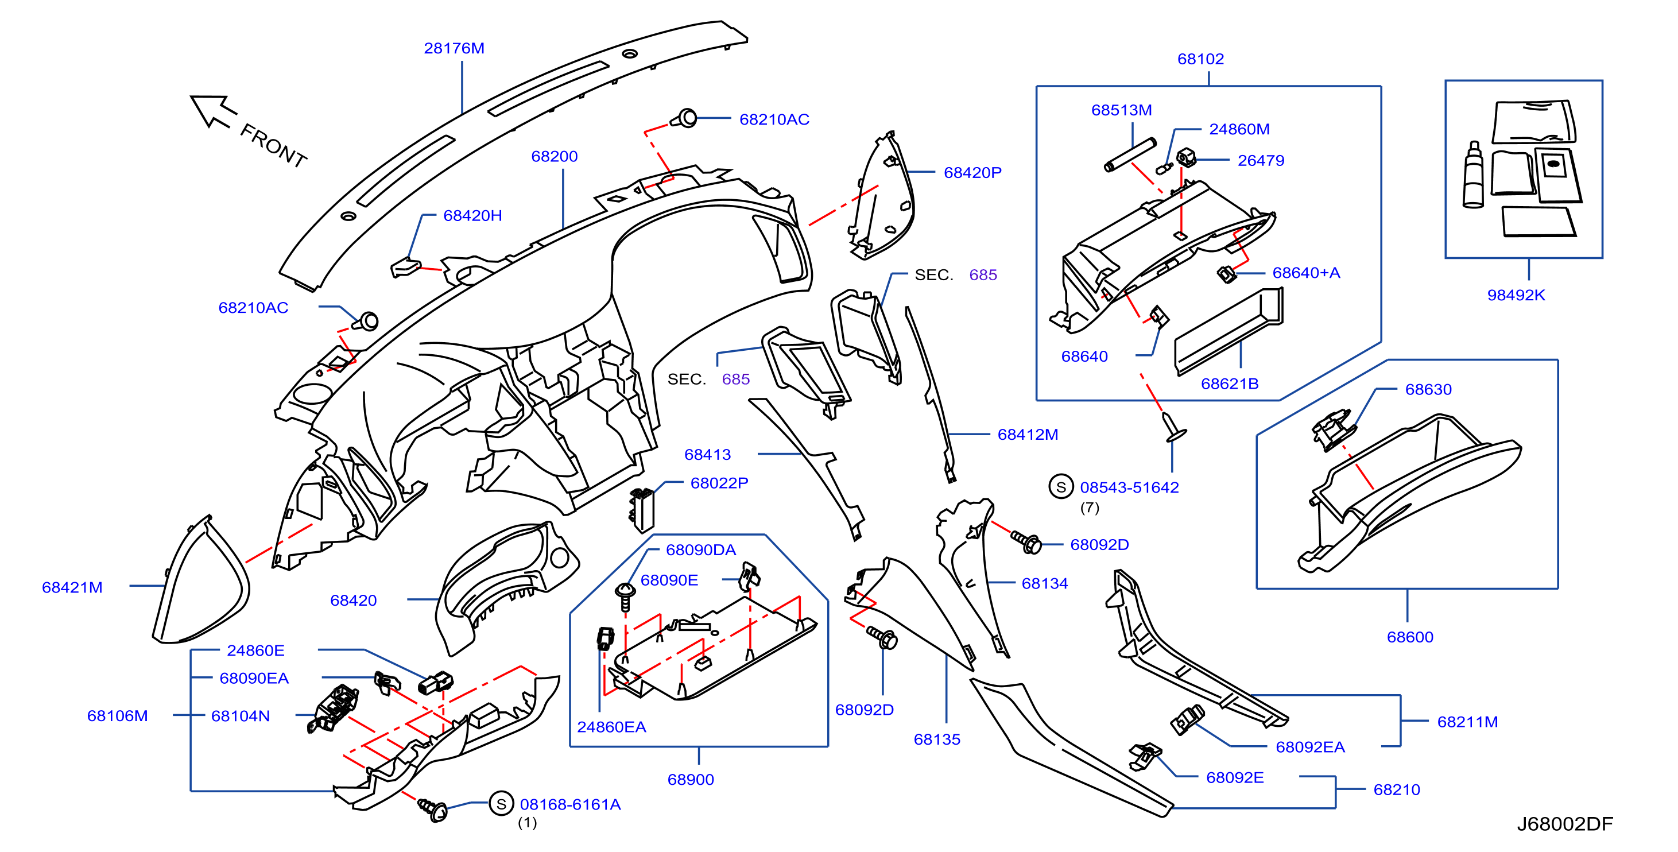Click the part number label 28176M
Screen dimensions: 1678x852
click(454, 48)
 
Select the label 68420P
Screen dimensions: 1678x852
click(972, 173)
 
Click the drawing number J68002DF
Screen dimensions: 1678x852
click(1565, 824)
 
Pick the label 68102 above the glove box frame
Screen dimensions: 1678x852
click(1200, 59)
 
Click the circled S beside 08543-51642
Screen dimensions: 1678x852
click(1061, 487)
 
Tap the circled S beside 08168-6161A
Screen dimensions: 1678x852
click(501, 804)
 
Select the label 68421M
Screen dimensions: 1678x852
click(72, 587)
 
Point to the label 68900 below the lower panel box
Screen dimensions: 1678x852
click(691, 780)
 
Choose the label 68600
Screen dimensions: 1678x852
click(1410, 637)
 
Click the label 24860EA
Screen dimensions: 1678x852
click(611, 727)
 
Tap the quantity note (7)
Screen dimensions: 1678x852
click(1090, 508)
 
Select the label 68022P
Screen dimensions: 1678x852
click(719, 483)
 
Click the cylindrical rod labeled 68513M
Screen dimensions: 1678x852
click(1130, 155)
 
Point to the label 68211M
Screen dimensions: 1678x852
click(1467, 722)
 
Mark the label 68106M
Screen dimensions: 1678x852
click(118, 716)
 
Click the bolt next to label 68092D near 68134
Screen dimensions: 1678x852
click(1026, 541)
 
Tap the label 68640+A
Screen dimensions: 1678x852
click(1306, 273)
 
